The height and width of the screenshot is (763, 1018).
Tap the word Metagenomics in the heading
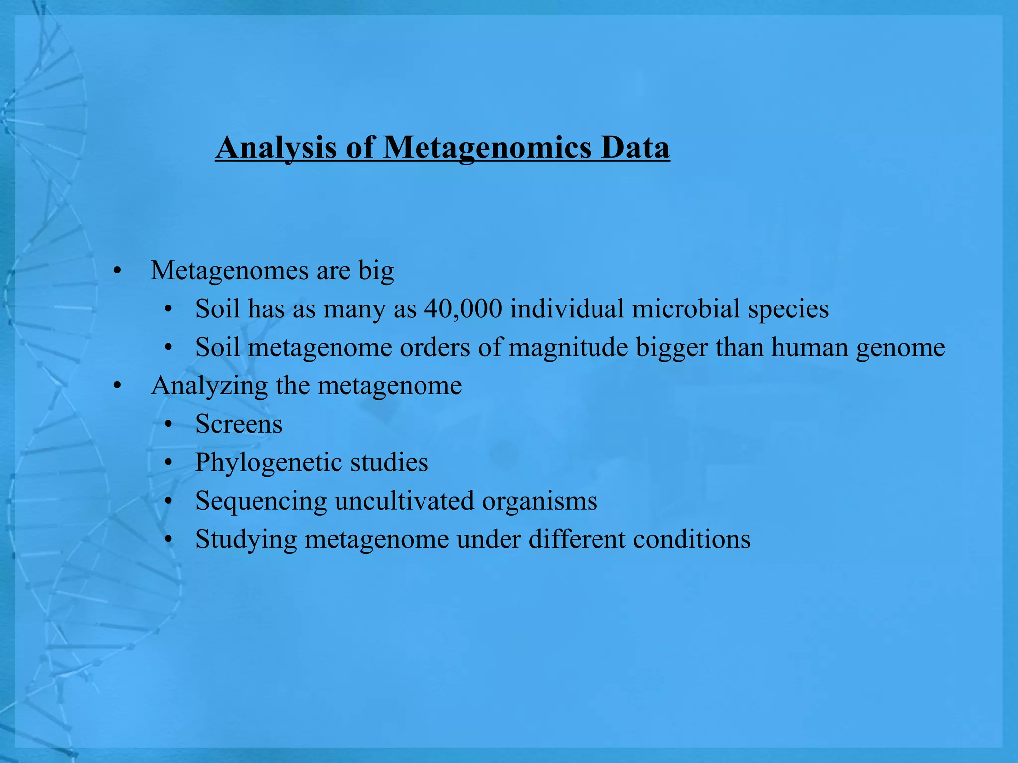[488, 148]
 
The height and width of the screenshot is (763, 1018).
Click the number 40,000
[463, 308]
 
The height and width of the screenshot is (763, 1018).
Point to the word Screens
[239, 424]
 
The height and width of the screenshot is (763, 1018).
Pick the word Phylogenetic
[269, 462]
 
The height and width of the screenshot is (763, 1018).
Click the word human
[809, 347]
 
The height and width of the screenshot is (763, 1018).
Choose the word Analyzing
[209, 386]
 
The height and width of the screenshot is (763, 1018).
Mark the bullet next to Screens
[169, 425]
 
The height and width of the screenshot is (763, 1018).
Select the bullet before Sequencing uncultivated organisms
[169, 501]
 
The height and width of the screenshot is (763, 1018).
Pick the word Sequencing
[261, 501]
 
